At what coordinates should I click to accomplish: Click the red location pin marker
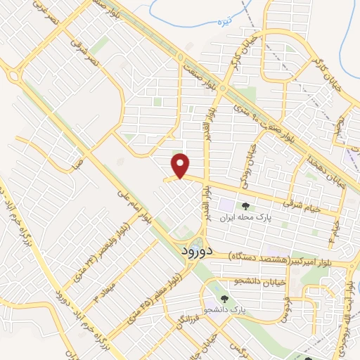pos(181,166)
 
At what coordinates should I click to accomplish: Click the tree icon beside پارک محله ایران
pos(245,207)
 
